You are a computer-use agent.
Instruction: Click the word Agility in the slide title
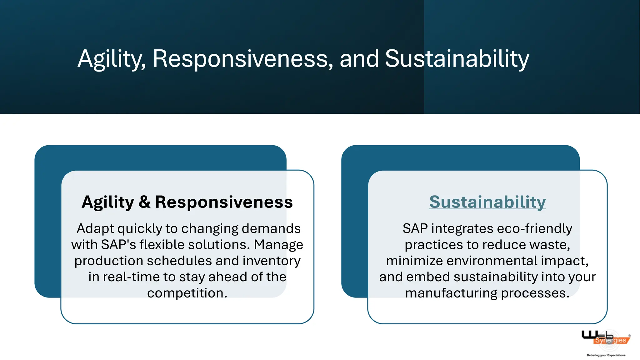pos(111,59)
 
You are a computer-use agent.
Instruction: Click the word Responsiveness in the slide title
pos(242,59)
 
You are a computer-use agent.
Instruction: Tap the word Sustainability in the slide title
pos(457,59)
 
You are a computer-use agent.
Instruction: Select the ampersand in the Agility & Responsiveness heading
pos(144,202)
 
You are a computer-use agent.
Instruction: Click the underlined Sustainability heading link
pos(487,202)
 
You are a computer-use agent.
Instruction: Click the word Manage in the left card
pos(278,245)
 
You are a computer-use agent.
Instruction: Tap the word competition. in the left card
pos(187,293)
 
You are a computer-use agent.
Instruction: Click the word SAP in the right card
pos(415,229)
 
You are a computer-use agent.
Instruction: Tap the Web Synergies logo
pos(605,338)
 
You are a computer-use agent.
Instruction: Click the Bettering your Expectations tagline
pos(606,355)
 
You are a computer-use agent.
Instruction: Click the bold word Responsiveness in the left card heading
pos(224,202)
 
